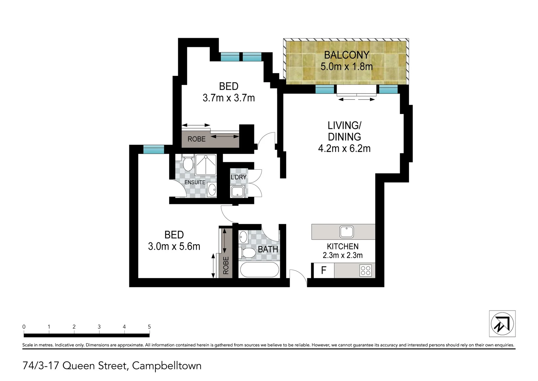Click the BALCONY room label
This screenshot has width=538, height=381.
pos(346,55)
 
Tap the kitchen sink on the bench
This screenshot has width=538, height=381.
pos(346,232)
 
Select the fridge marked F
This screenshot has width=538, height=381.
pos(323,270)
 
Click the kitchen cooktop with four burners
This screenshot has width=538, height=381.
pos(365,271)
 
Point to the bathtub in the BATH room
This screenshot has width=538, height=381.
pos(259,270)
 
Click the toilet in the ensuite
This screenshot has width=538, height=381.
pos(187,163)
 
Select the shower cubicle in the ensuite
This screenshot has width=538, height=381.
pos(206,164)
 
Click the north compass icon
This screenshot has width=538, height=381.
pos(502,323)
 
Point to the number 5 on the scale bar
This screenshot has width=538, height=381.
pos(149,327)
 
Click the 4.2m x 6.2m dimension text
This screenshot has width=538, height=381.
pos(344,149)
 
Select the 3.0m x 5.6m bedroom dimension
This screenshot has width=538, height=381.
pos(174,246)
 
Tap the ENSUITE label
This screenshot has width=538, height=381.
pos(195,182)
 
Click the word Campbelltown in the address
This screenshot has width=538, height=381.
pos(167,366)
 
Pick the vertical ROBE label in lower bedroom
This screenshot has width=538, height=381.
pos(226,265)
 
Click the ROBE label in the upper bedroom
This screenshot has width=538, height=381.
pos(196,139)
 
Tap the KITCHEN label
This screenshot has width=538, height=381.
pos(342,247)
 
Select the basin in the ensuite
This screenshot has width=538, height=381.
pos(212,190)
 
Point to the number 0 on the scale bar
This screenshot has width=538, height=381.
pos(24,327)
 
